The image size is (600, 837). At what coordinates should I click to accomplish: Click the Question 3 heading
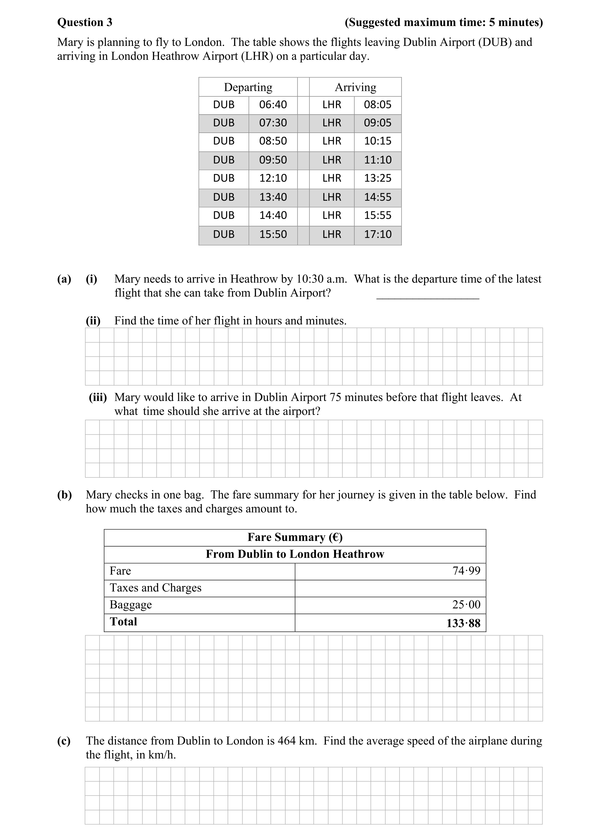click(x=84, y=22)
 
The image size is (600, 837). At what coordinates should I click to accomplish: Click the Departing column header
click(x=248, y=87)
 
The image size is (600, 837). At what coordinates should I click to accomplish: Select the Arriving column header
click(x=355, y=87)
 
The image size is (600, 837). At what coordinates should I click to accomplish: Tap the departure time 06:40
click(x=273, y=105)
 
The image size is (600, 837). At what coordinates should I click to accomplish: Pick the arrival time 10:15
click(x=377, y=141)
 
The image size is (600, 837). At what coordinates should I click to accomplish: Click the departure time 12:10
click(x=273, y=178)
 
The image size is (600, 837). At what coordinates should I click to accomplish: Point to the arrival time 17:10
click(x=377, y=234)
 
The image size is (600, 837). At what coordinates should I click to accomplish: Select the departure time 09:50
click(x=273, y=160)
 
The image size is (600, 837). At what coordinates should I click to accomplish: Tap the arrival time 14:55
click(x=377, y=197)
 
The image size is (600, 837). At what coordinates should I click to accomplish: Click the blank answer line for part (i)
click(x=427, y=297)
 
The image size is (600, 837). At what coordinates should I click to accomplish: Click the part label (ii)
click(x=93, y=321)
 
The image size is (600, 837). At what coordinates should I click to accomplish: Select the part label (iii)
click(x=97, y=397)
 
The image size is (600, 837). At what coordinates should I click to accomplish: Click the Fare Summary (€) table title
click(x=295, y=537)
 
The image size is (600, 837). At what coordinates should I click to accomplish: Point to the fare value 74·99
click(x=466, y=571)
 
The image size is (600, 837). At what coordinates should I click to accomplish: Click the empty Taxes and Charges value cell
click(x=390, y=588)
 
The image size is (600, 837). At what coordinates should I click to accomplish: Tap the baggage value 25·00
click(x=466, y=604)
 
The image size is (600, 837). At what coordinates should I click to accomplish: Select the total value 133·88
click(x=463, y=623)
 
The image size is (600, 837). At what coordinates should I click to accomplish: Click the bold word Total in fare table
click(x=123, y=622)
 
